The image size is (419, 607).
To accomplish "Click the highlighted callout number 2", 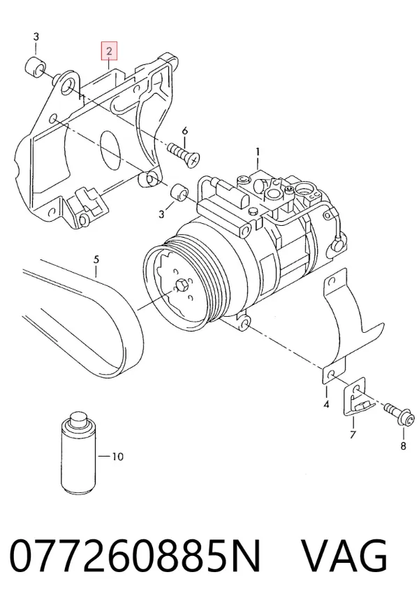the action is [x=109, y=51].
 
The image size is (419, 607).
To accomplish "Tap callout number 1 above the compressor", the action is [x=258, y=151].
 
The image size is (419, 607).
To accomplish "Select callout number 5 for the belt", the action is [x=96, y=259].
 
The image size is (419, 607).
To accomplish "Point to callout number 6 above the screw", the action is [x=185, y=131].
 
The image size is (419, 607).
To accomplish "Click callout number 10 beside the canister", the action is [x=117, y=457].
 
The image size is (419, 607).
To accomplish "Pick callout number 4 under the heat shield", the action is [x=326, y=404].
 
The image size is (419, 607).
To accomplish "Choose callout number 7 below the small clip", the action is [x=353, y=435].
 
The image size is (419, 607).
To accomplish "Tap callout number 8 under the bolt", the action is [x=403, y=446].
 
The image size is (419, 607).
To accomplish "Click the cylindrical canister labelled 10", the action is [x=78, y=454].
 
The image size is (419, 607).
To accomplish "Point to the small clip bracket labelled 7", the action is [x=358, y=397].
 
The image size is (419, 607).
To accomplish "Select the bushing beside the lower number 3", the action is [x=179, y=193].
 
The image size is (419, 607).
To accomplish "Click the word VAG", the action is [x=344, y=556].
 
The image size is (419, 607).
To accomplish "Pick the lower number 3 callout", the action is [x=161, y=214].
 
